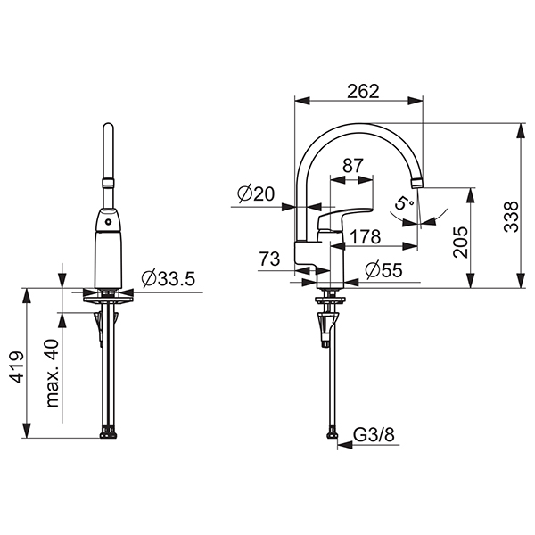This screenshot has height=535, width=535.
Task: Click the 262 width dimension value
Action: pyautogui.click(x=363, y=91)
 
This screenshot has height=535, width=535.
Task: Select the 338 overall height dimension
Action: pyautogui.click(x=511, y=217)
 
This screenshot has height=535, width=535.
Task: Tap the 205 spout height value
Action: pyautogui.click(x=461, y=242)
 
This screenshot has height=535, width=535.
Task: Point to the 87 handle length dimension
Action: pyautogui.click(x=353, y=166)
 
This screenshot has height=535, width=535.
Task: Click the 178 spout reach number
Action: pyautogui.click(x=365, y=236)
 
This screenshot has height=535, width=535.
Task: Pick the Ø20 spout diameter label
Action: pyautogui.click(x=256, y=193)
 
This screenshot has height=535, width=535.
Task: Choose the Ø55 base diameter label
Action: pyautogui.click(x=383, y=270)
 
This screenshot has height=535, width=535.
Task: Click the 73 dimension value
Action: pyautogui.click(x=269, y=259)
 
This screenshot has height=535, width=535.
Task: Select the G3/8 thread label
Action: pyautogui.click(x=374, y=435)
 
